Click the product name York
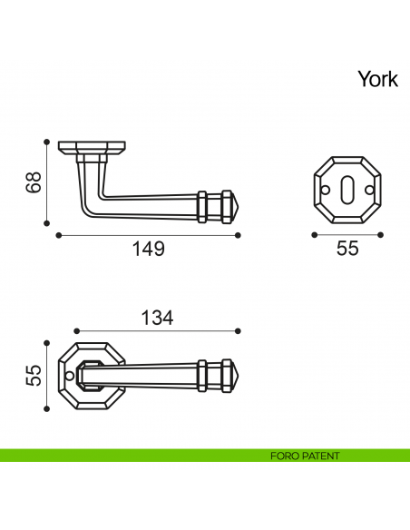point(377,80)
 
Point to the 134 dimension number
point(156,318)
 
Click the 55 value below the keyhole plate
point(347,249)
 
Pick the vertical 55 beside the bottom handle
point(34,376)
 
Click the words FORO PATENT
point(305,456)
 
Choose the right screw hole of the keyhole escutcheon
point(371,190)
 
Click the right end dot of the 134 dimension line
point(238,331)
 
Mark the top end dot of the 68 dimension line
point(46,142)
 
